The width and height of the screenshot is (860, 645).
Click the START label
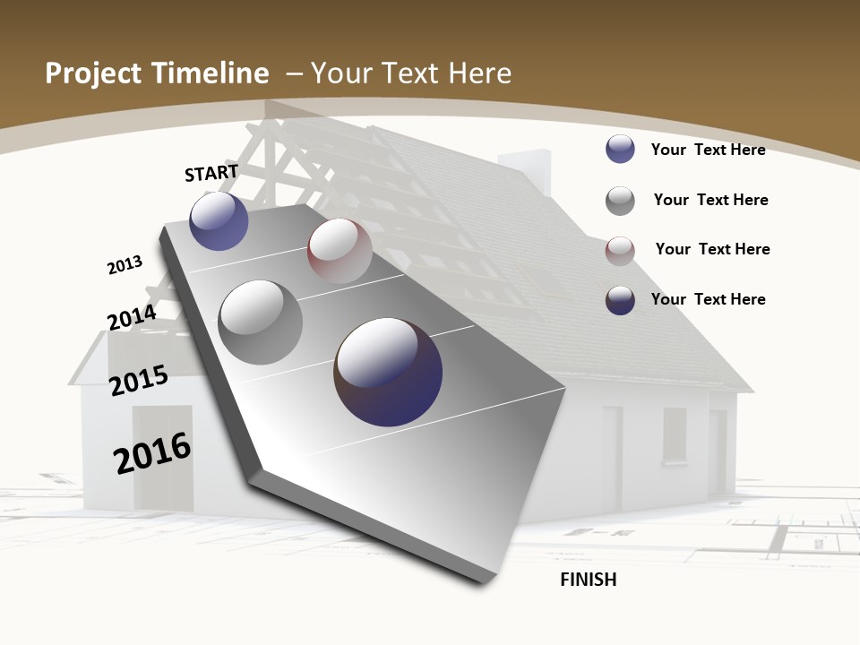pyautogui.click(x=211, y=173)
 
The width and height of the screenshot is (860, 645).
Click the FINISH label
pyautogui.click(x=589, y=580)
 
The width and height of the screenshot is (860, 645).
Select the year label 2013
pyautogui.click(x=125, y=264)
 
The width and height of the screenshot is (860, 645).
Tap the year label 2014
pyautogui.click(x=132, y=318)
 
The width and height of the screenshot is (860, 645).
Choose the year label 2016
pyautogui.click(x=152, y=453)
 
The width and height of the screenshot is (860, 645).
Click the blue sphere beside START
pyautogui.click(x=219, y=220)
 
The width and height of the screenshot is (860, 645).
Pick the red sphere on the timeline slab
pyautogui.click(x=340, y=251)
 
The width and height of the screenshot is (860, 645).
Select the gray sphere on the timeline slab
pyautogui.click(x=261, y=322)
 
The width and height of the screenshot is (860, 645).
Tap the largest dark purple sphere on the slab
pyautogui.click(x=388, y=372)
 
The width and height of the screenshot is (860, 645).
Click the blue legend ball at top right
pyautogui.click(x=620, y=149)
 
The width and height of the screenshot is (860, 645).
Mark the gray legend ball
pyautogui.click(x=620, y=201)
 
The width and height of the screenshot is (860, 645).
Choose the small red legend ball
pyautogui.click(x=620, y=251)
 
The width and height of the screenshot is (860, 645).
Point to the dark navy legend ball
pyautogui.click(x=620, y=300)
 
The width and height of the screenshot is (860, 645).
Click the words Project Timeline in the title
pyautogui.click(x=157, y=73)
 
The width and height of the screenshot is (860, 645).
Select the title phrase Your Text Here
pyautogui.click(x=411, y=73)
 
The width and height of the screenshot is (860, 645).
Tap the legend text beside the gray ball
pyautogui.click(x=710, y=200)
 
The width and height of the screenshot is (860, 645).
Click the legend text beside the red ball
pyautogui.click(x=712, y=249)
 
